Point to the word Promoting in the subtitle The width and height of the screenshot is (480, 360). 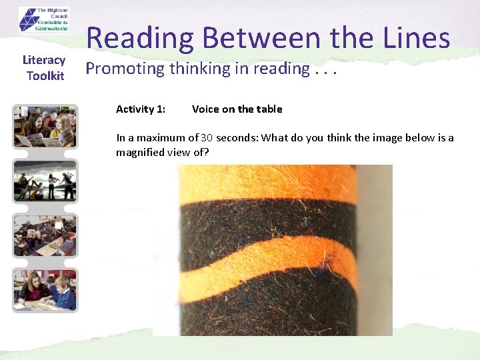(125, 69)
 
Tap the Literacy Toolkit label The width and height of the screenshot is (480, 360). (45, 68)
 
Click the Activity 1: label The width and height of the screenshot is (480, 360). (141, 109)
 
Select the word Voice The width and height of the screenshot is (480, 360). (205, 109)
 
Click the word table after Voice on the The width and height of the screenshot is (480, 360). (269, 109)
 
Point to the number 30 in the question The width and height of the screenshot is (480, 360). (207, 138)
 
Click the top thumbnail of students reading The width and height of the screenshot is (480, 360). (45, 127)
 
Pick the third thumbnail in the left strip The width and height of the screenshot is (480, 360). (45, 235)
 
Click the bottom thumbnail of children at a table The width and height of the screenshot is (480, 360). (45, 290)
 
